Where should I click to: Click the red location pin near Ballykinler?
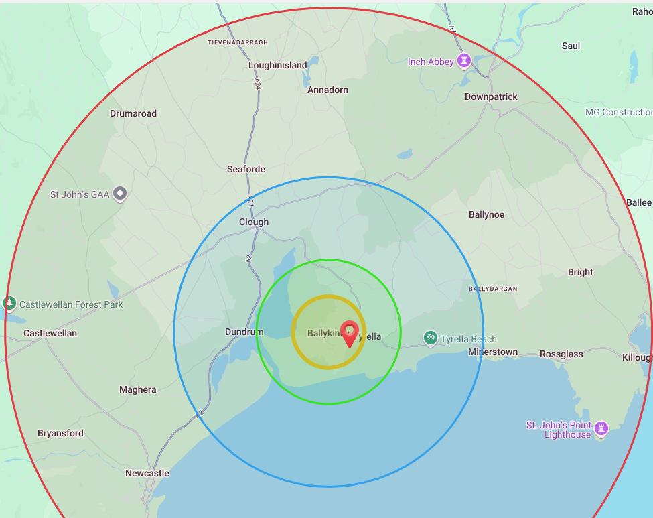349,332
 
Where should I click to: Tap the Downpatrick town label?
491,96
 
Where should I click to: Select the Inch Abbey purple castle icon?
463,62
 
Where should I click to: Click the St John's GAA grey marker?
121,194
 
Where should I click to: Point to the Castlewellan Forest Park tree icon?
9,304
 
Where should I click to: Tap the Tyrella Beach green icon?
431,338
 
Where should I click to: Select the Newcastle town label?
147,473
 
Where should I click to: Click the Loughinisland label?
277,66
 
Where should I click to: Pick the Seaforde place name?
246,169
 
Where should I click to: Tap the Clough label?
254,222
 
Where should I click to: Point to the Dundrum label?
244,332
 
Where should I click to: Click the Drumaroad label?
133,113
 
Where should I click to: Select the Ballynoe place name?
486,215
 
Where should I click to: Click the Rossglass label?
561,354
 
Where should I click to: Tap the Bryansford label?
60,433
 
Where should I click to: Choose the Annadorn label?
328,90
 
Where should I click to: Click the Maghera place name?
137,389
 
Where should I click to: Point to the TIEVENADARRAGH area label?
238,42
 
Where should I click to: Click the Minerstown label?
493,352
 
